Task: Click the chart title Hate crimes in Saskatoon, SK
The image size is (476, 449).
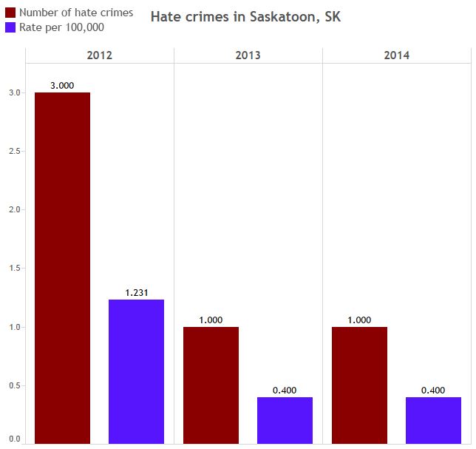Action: [246, 16]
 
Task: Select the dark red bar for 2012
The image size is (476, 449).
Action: [62, 268]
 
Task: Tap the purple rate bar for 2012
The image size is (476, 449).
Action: [136, 371]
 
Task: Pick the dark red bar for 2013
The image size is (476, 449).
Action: [211, 385]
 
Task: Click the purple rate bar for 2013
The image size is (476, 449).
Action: [285, 420]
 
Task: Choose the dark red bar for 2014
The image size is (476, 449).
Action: [359, 385]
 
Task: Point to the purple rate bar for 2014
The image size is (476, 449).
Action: [433, 420]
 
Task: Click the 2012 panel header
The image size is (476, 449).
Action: [100, 55]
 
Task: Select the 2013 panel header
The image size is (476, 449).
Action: [248, 55]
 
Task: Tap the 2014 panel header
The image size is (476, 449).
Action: [396, 55]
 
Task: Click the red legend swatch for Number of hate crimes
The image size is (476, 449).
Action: [10, 13]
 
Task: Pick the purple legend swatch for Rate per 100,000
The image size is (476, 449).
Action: [10, 27]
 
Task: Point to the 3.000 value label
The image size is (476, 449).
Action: [62, 86]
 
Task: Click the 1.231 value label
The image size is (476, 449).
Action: [137, 293]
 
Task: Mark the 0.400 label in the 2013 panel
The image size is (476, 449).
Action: [285, 391]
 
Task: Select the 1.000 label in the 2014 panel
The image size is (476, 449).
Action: [359, 320]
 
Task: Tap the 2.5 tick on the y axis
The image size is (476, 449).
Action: [14, 152]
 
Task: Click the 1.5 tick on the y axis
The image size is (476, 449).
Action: [14, 269]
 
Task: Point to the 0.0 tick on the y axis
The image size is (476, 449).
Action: [14, 439]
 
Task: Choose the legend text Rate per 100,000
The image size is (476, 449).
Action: [61, 27]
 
